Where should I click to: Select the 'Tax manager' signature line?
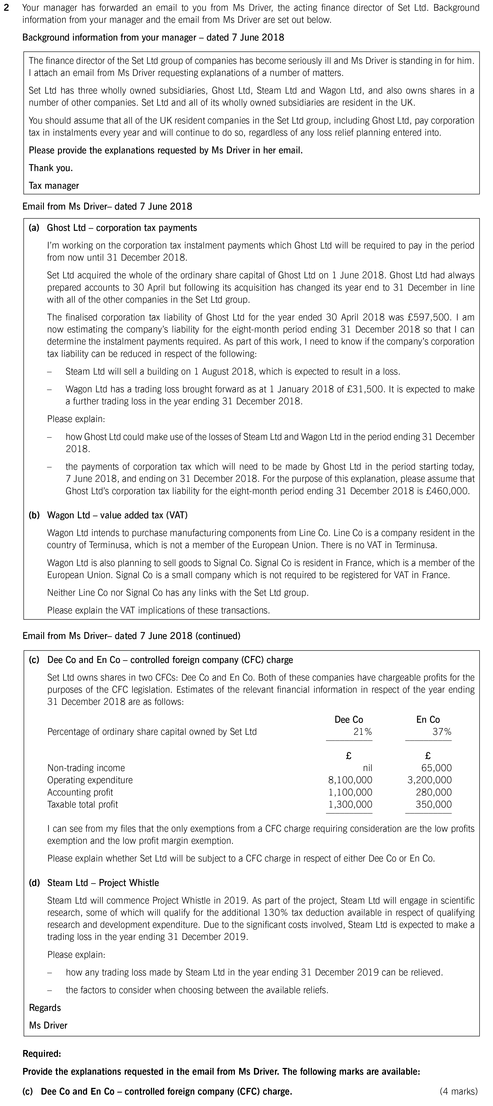click(x=54, y=185)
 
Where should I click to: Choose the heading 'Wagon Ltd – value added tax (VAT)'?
click(x=117, y=515)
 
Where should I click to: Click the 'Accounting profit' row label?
click(x=80, y=792)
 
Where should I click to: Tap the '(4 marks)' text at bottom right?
click(x=459, y=1091)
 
